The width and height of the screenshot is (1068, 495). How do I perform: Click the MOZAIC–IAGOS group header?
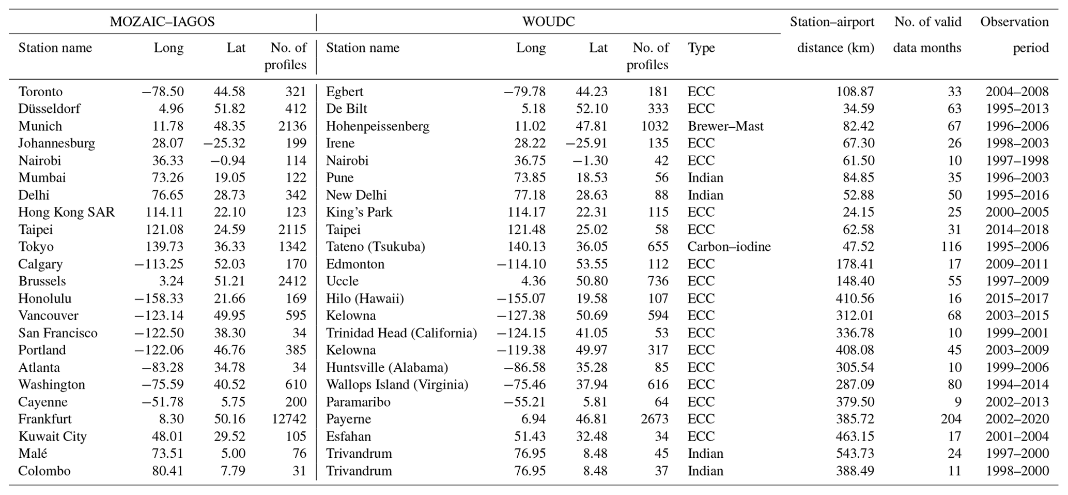click(x=162, y=22)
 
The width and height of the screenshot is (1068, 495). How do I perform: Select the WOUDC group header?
click(x=548, y=22)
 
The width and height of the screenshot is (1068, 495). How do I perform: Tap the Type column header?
click(x=701, y=48)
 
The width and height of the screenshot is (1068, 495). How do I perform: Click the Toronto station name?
click(x=40, y=92)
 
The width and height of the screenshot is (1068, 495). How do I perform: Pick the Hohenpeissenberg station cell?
click(x=378, y=126)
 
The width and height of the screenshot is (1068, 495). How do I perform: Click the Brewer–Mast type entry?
click(x=725, y=126)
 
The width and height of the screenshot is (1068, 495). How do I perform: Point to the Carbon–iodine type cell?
click(x=729, y=247)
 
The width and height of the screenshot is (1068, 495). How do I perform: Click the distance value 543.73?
click(x=855, y=454)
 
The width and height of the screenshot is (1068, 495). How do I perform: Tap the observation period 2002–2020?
click(x=1017, y=419)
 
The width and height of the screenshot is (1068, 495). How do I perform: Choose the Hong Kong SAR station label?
click(x=67, y=213)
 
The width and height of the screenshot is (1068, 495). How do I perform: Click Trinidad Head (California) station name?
click(x=401, y=333)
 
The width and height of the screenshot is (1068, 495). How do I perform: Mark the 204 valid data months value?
click(x=951, y=419)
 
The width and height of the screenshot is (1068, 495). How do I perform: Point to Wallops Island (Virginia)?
click(x=397, y=385)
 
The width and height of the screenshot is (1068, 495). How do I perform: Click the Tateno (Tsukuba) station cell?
click(x=376, y=247)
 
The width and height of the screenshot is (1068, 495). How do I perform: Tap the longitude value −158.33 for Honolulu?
click(x=159, y=298)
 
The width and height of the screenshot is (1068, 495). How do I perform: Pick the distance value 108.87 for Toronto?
click(x=855, y=92)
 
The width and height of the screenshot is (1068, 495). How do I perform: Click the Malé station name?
click(x=33, y=454)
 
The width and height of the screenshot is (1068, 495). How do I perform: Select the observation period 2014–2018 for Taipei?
click(x=1017, y=230)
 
